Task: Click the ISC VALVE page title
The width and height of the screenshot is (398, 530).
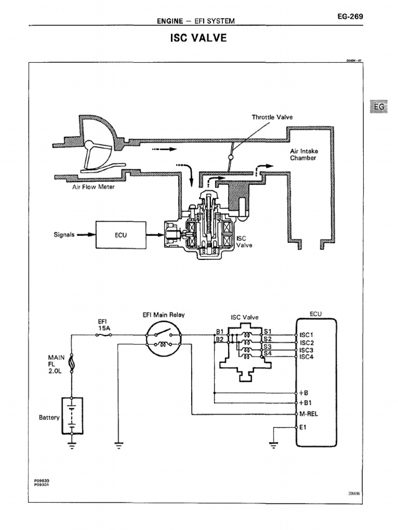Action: (198, 38)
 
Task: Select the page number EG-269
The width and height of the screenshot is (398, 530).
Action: (349, 17)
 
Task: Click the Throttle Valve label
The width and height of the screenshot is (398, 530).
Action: (272, 117)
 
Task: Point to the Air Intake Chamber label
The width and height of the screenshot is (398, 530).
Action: (304, 154)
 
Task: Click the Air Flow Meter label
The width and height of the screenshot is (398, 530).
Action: (93, 187)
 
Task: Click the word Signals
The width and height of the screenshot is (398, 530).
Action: (65, 234)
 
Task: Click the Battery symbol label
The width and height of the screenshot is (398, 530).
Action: (49, 417)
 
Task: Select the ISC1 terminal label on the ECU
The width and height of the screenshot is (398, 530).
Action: (307, 335)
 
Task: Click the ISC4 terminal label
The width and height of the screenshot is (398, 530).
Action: (307, 357)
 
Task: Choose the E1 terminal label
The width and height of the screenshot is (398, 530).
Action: (303, 427)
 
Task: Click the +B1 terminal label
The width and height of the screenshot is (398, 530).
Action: (305, 403)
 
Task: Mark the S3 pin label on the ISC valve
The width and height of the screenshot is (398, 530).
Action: (267, 346)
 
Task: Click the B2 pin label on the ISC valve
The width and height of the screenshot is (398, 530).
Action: (220, 340)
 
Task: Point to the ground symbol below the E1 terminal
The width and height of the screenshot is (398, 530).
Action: (274, 443)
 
